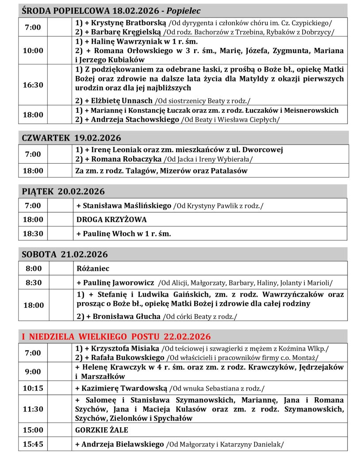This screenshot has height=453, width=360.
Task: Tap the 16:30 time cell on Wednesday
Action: point(33,85)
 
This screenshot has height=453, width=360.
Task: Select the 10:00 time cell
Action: point(33,50)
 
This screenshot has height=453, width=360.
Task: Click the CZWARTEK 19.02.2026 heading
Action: point(72,138)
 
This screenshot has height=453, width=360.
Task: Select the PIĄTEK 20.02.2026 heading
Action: point(64,192)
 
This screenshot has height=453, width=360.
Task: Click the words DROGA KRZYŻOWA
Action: point(111,219)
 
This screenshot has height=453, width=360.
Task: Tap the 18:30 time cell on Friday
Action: point(33,233)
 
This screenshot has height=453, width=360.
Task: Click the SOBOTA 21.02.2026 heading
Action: point(65,254)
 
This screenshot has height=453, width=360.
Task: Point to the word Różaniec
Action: point(93,269)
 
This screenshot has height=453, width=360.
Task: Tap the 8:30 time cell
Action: point(33,282)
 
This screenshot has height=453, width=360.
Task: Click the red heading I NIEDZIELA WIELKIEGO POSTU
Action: point(116,336)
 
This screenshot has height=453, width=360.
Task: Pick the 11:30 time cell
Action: point(33,409)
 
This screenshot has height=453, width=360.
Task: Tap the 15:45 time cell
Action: point(33,444)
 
